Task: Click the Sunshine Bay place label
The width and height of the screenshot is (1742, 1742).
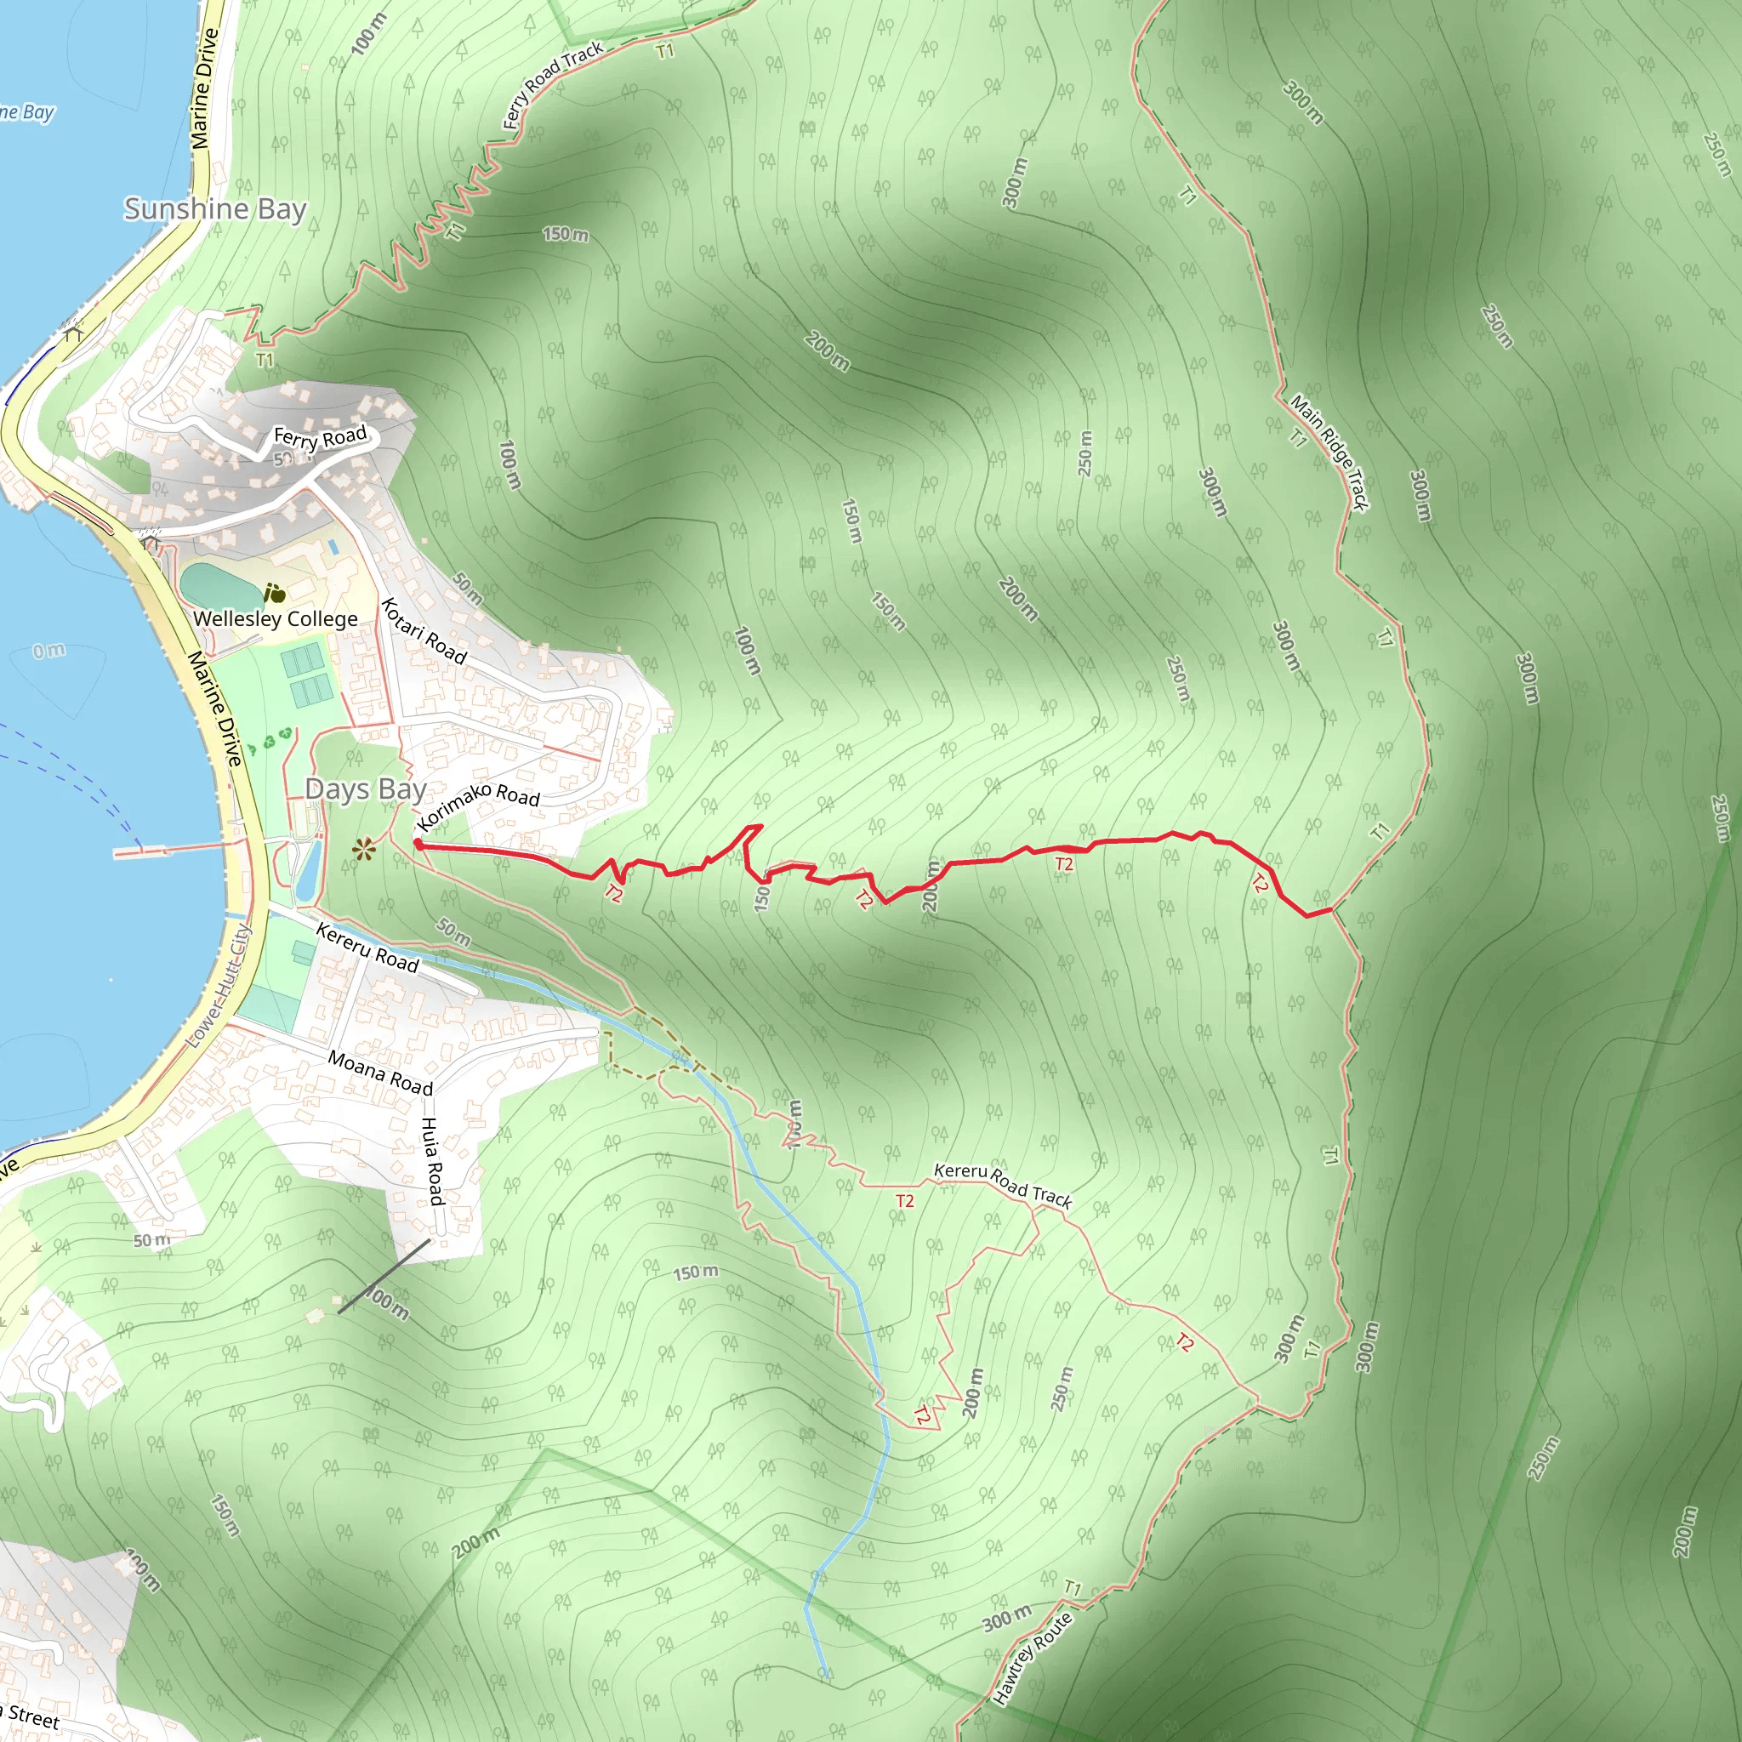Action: coord(214,209)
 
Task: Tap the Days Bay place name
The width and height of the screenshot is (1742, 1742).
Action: coord(365,789)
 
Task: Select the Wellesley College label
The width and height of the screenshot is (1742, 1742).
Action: coord(275,618)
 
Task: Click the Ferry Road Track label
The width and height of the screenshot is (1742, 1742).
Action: coord(552,85)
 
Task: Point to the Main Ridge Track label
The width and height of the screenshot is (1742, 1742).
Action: coord(1329,453)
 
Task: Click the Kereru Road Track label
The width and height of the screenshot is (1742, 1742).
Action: coord(1003,1184)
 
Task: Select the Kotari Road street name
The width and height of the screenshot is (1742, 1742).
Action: coord(424,630)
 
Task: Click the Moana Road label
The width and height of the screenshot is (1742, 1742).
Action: coord(379,1072)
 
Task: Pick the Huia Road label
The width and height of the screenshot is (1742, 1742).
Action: coord(433,1160)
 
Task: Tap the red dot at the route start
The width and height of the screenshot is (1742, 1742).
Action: coord(418,845)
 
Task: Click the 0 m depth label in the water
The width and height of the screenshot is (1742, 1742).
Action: coord(48,650)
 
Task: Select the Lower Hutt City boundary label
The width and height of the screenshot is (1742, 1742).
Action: coord(217,987)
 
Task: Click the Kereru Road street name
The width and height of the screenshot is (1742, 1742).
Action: coord(367,948)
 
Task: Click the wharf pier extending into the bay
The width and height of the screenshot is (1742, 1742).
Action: coord(171,850)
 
